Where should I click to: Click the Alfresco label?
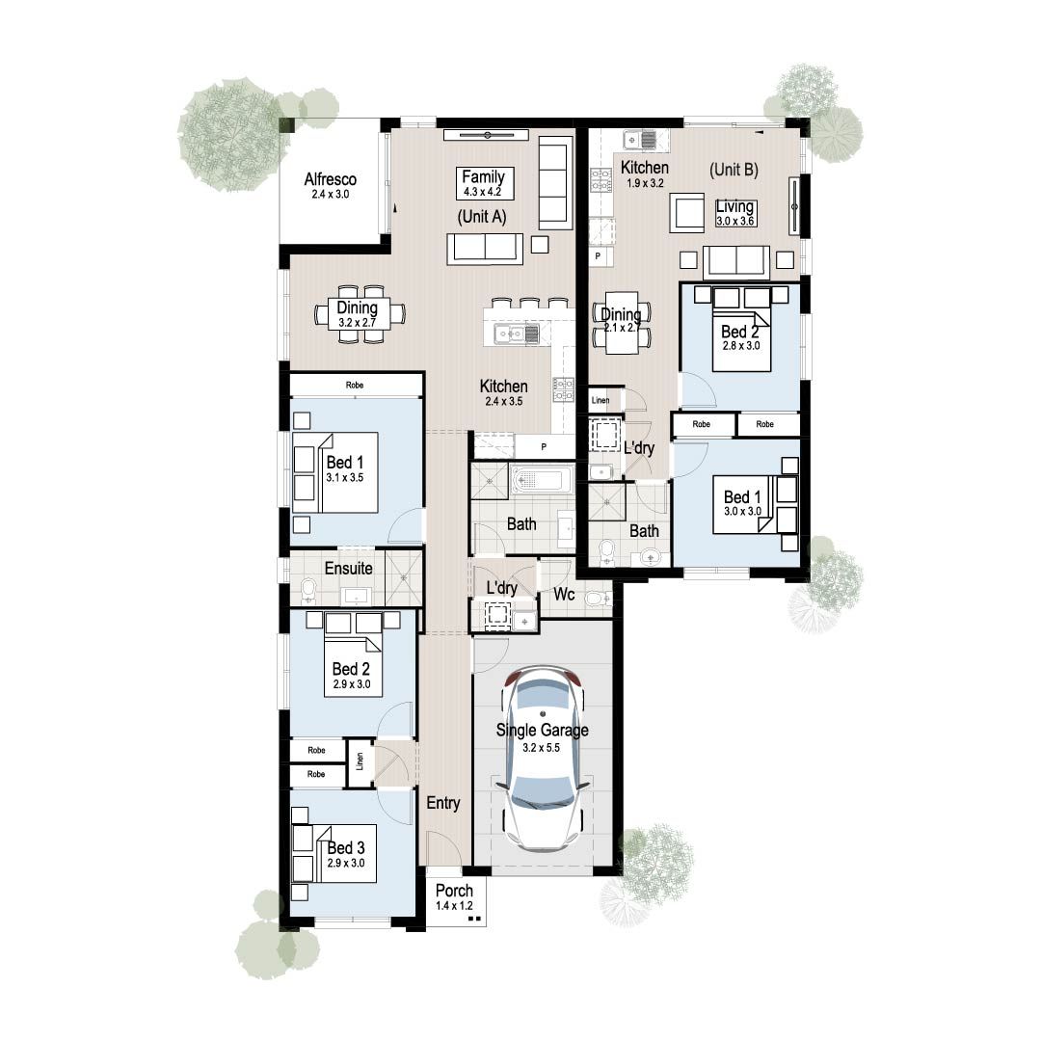click(x=331, y=179)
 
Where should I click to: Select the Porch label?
click(x=454, y=891)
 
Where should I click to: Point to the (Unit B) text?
click(x=734, y=170)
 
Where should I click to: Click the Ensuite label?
click(x=348, y=569)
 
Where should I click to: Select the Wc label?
click(x=564, y=596)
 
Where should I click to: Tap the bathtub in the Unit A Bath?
click(x=541, y=479)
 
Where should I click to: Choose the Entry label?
click(x=443, y=803)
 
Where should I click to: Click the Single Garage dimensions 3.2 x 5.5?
click(x=542, y=746)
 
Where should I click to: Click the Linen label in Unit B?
click(x=600, y=399)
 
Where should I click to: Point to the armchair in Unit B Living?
click(x=689, y=212)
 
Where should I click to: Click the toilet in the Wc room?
click(x=600, y=599)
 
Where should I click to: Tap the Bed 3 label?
click(x=346, y=848)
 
